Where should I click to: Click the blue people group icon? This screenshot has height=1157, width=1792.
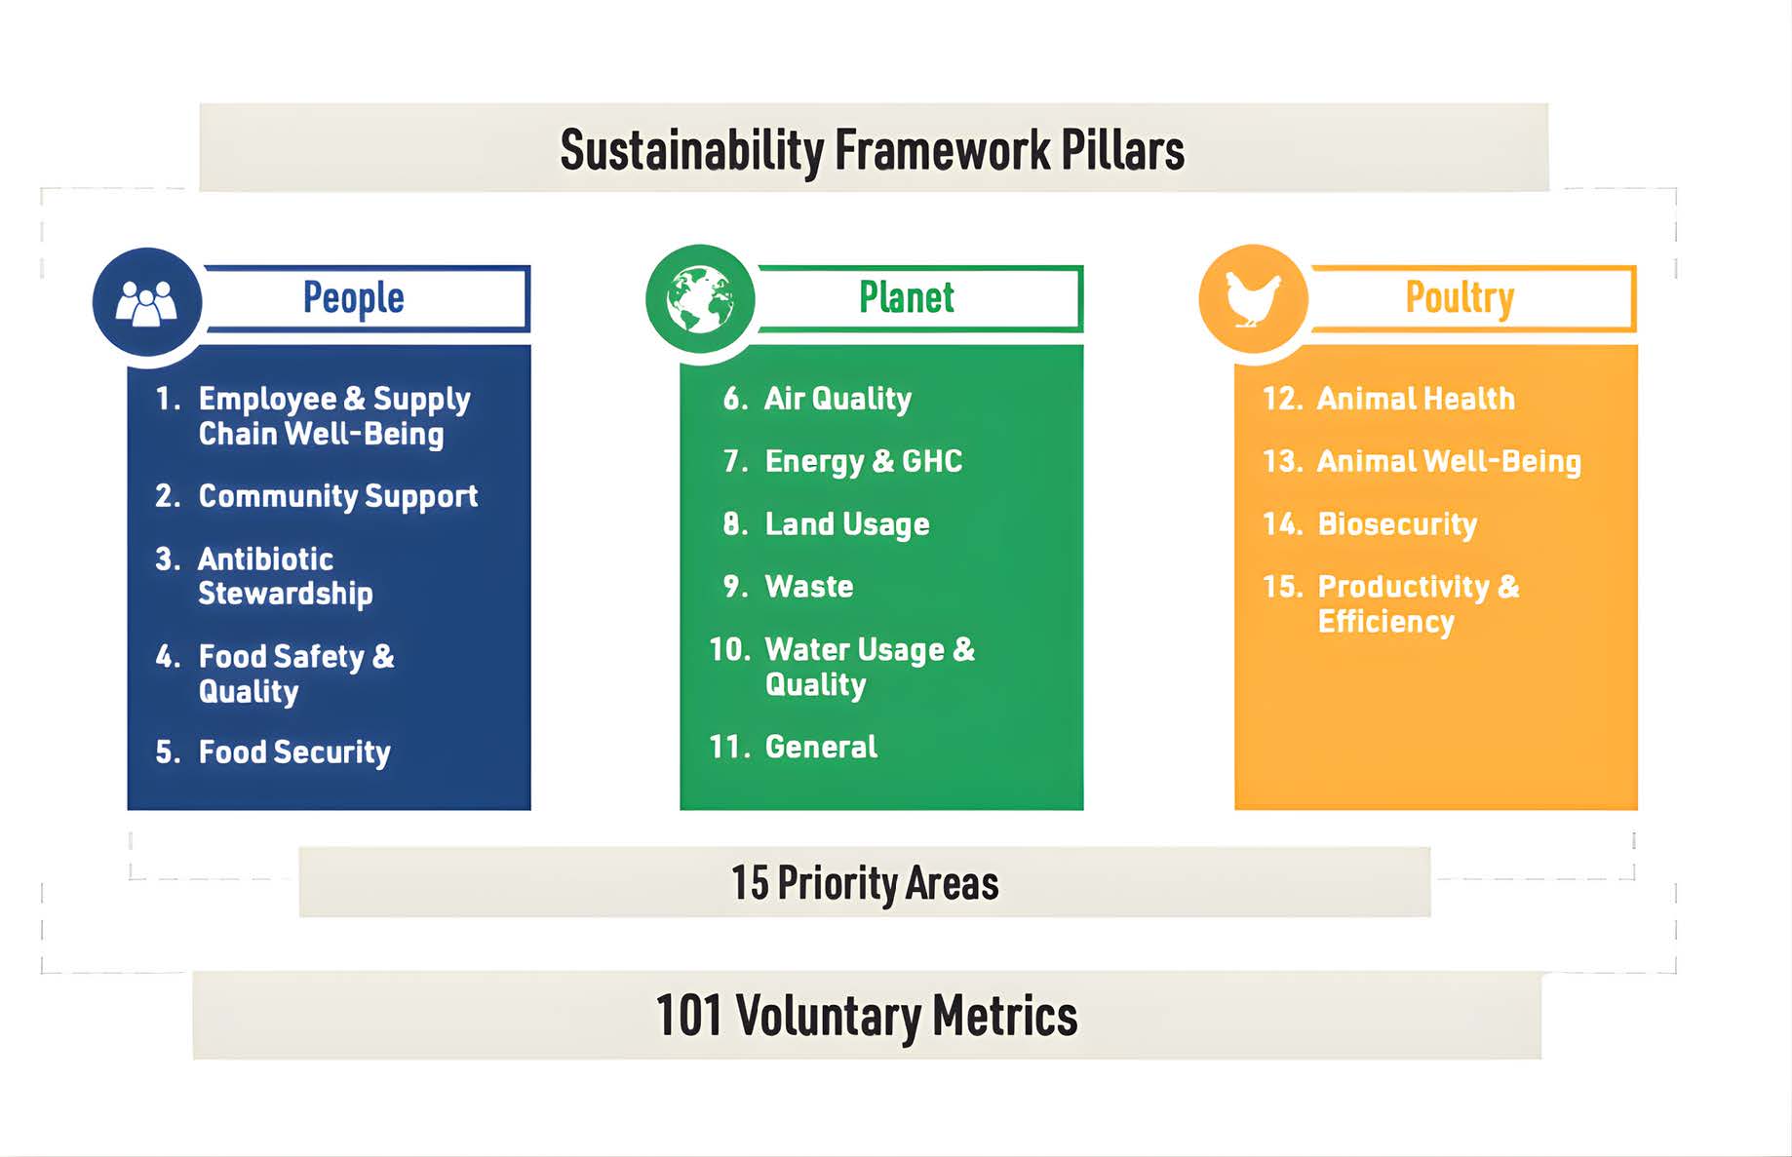click(x=147, y=301)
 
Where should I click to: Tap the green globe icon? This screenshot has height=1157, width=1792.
click(x=700, y=299)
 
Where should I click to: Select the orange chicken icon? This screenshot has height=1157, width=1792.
click(x=1253, y=298)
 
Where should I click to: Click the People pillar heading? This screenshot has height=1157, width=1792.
click(x=353, y=298)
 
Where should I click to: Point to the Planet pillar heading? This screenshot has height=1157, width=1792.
click(x=906, y=297)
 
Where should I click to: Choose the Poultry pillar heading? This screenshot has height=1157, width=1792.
click(x=1460, y=298)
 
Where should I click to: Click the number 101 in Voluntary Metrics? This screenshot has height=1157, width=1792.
click(x=688, y=1015)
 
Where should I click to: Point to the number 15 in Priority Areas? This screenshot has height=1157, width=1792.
click(x=750, y=883)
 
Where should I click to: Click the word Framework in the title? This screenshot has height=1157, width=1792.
click(x=942, y=150)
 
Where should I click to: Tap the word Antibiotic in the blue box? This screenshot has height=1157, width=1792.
click(x=266, y=559)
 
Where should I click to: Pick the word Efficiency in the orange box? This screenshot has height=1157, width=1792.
click(x=1385, y=622)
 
